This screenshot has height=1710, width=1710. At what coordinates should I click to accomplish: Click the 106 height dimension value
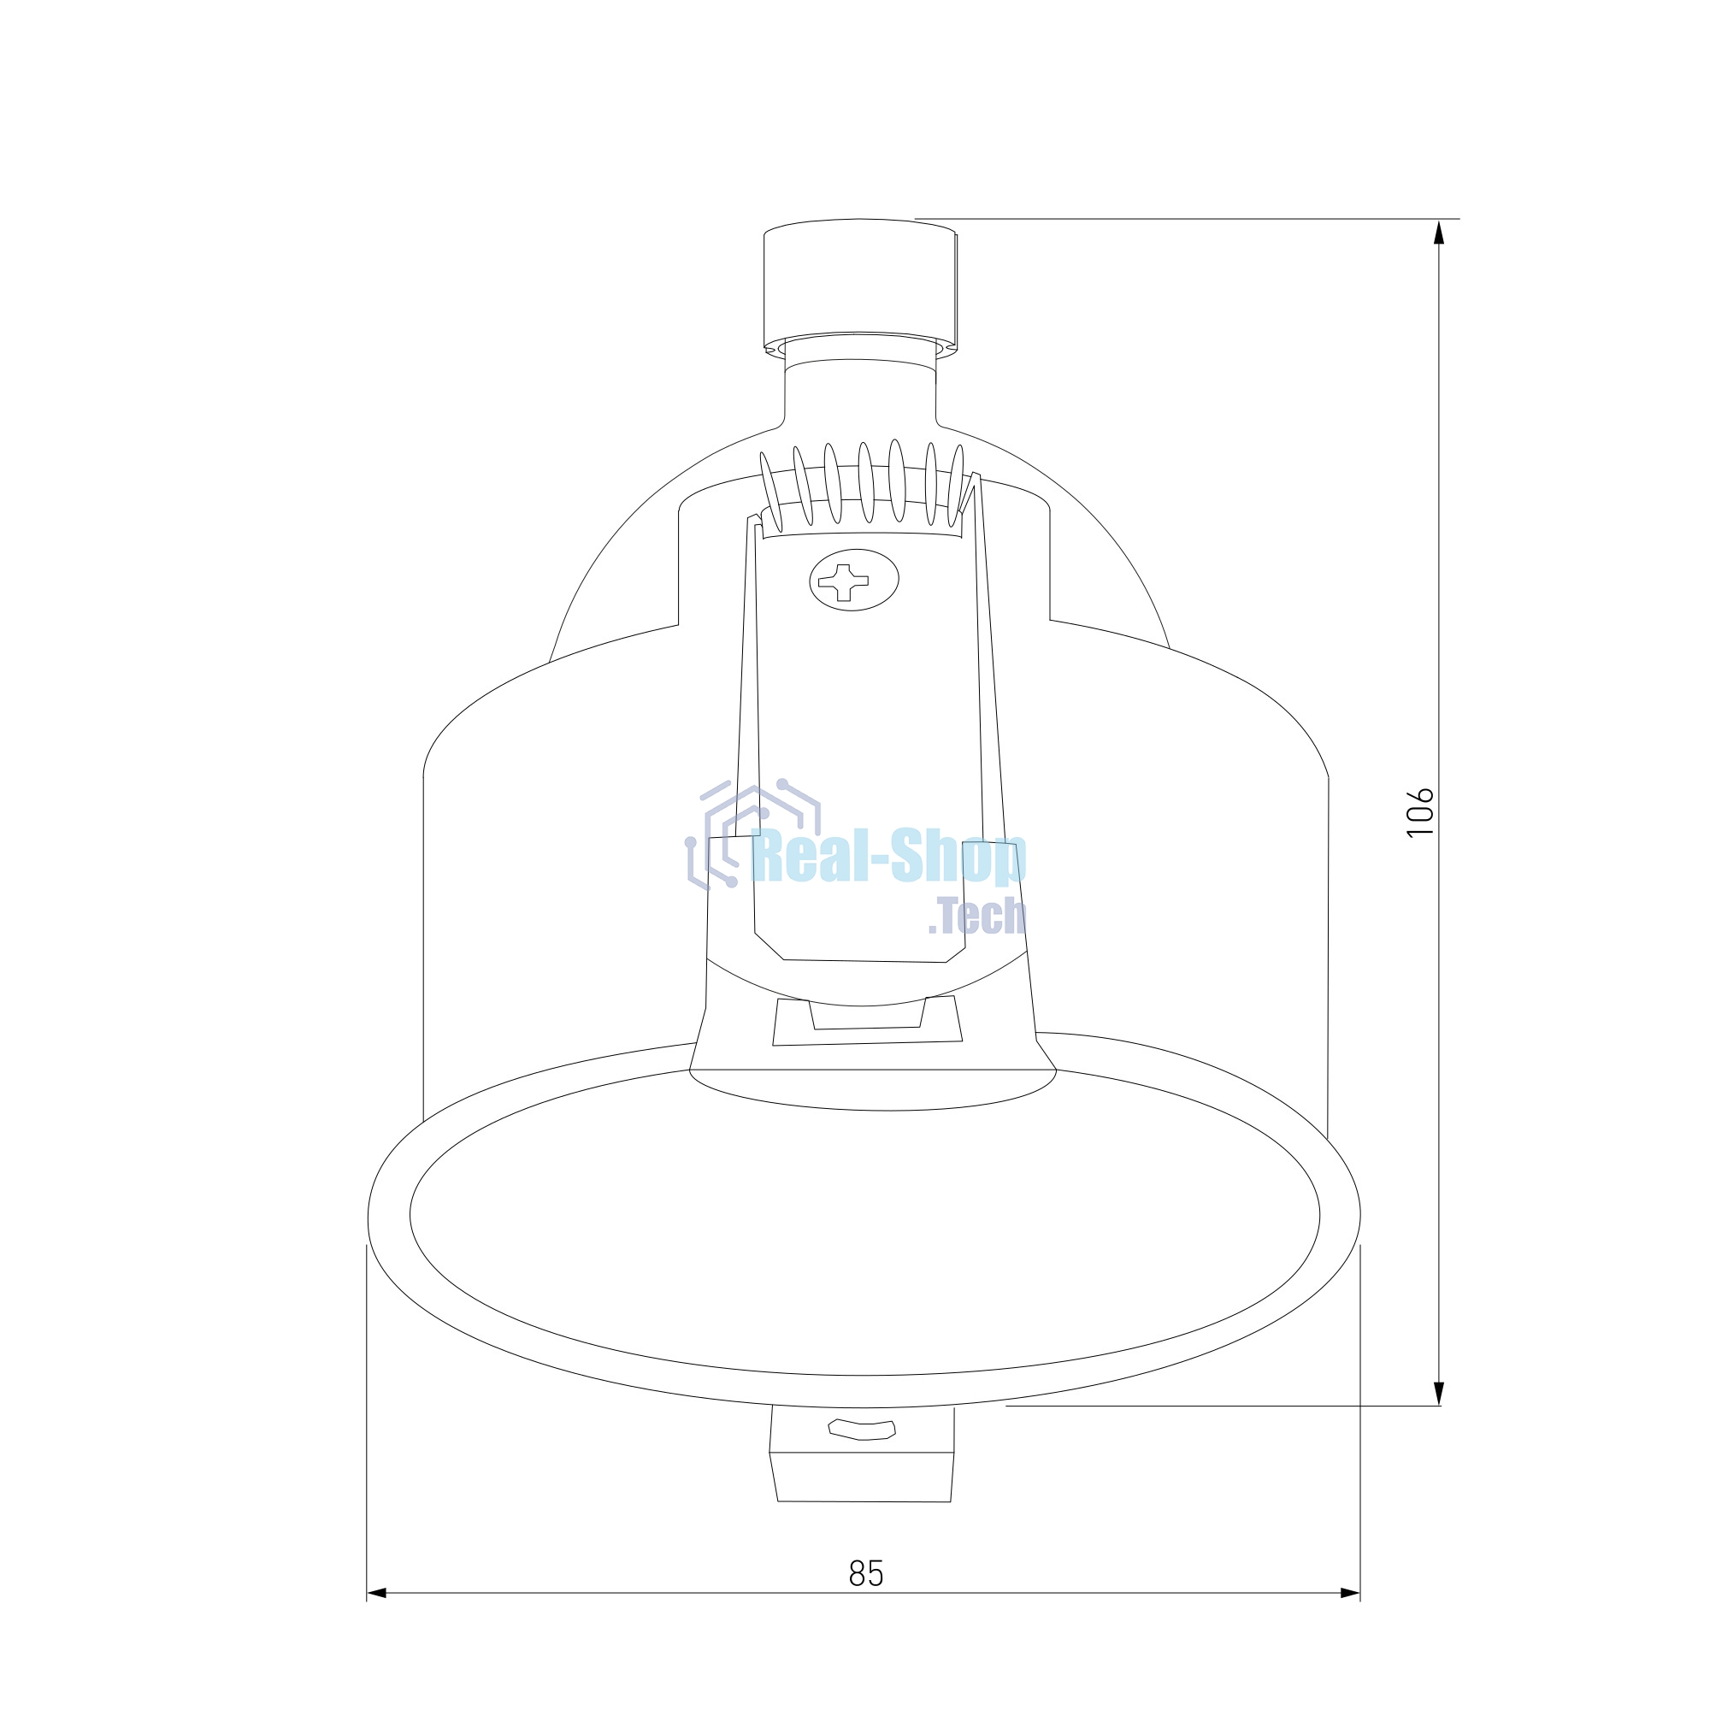[1419, 811]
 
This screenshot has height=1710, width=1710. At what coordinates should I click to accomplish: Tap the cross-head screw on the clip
[854, 580]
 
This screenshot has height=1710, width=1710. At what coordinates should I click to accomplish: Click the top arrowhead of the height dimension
[1438, 233]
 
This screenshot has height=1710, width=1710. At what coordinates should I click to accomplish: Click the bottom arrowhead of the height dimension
[1438, 1392]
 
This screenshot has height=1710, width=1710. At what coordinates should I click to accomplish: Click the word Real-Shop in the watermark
[887, 857]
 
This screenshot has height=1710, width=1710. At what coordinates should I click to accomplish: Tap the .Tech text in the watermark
[977, 916]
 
